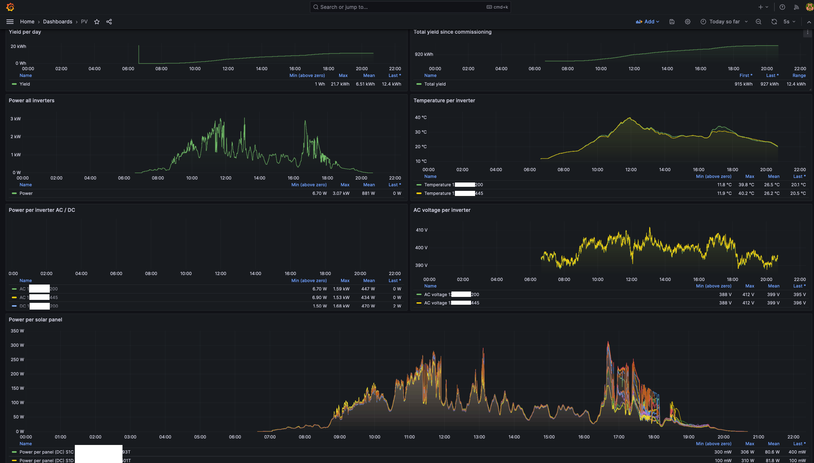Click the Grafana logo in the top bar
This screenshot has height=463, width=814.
pyautogui.click(x=10, y=7)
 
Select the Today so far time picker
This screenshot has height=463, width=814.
pyautogui.click(x=724, y=22)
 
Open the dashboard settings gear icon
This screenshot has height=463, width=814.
pyautogui.click(x=687, y=22)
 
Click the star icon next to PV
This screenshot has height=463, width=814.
pyautogui.click(x=97, y=22)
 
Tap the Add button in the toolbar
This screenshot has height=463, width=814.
pyautogui.click(x=647, y=22)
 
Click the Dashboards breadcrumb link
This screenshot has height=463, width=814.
pyautogui.click(x=58, y=22)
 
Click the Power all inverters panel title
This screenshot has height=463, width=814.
pyautogui.click(x=31, y=100)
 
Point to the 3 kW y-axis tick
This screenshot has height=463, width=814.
pyautogui.click(x=16, y=119)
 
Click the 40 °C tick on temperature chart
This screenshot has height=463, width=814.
pyautogui.click(x=420, y=117)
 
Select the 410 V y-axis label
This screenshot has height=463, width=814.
pyautogui.click(x=421, y=230)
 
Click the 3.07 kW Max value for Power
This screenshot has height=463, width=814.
pyautogui.click(x=341, y=193)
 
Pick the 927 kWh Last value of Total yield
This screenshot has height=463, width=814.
pyautogui.click(x=770, y=84)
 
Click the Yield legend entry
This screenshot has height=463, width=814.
pyautogui.click(x=24, y=84)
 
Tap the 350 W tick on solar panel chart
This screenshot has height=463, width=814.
pyautogui.click(x=17, y=331)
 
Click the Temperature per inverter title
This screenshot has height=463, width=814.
pyautogui.click(x=444, y=100)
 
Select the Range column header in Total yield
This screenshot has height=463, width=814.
pyautogui.click(x=799, y=75)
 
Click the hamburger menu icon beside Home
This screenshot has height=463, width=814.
pyautogui.click(x=10, y=22)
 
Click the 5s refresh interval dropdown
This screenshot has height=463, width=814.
pyautogui.click(x=789, y=22)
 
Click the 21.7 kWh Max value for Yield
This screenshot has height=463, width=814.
pyautogui.click(x=340, y=84)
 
